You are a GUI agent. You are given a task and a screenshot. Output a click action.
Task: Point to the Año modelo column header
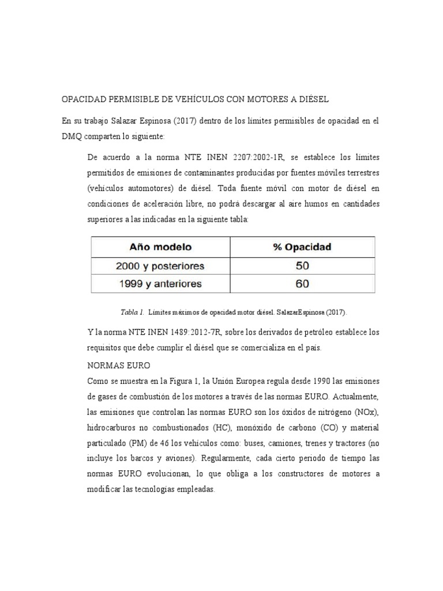161,247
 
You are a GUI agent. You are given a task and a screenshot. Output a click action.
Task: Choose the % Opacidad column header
302,247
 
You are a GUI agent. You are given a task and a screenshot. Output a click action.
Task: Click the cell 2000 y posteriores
160,265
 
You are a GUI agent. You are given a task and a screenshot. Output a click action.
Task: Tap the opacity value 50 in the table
302,265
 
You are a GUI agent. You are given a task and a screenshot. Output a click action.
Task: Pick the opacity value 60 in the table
302,283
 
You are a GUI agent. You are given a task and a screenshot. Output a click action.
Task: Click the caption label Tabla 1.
132,312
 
